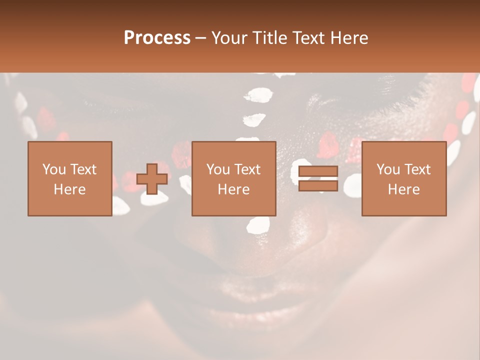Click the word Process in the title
point(157,38)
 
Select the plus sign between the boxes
point(152,179)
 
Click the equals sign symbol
point(318,179)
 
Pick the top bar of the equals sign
point(318,172)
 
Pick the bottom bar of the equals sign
point(318,186)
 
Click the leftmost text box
point(69,178)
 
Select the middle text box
point(233,178)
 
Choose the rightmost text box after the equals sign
point(403,178)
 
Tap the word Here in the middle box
point(233,189)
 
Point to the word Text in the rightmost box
point(417,169)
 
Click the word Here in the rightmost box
point(403,189)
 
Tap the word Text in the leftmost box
point(83,169)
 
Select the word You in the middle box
point(218,169)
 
